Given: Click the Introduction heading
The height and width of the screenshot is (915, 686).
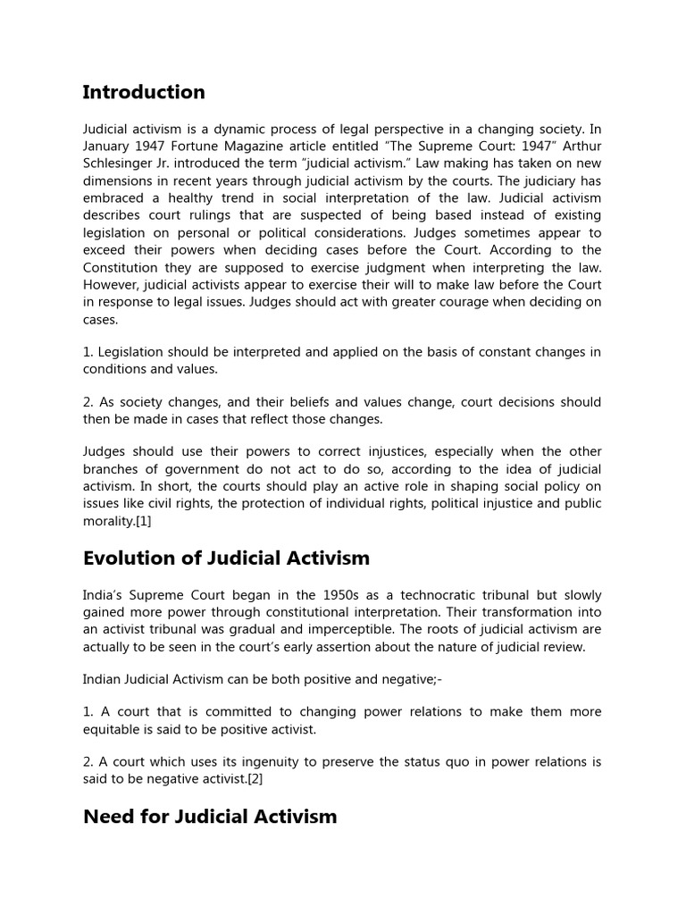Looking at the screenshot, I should click(x=144, y=92).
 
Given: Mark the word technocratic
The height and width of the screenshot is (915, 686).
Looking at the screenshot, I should click(x=421, y=595).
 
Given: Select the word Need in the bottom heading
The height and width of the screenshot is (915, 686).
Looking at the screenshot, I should click(x=108, y=816).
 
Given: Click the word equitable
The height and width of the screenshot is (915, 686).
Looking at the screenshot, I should click(x=114, y=728).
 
